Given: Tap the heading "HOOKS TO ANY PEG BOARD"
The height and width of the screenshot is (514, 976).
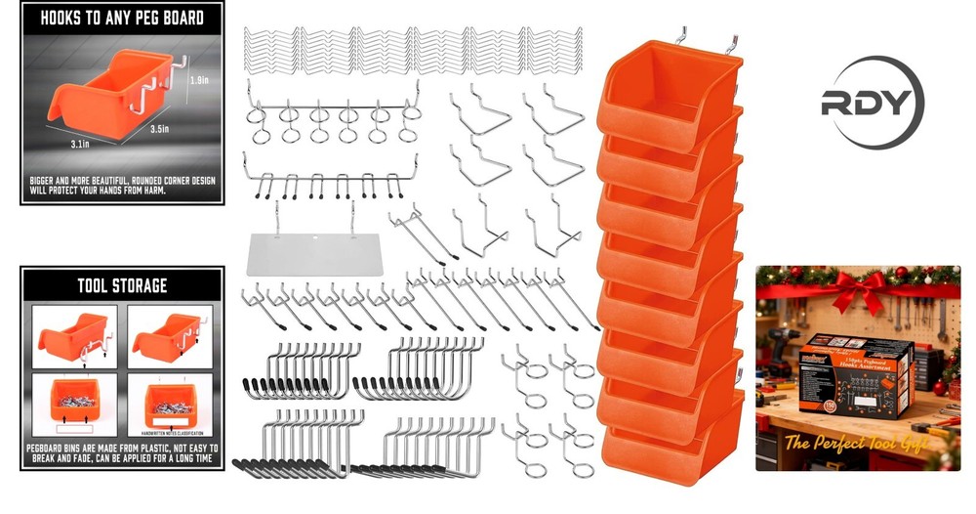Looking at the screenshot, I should [x=115, y=18].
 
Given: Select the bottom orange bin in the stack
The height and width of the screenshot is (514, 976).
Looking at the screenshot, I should [x=668, y=455].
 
